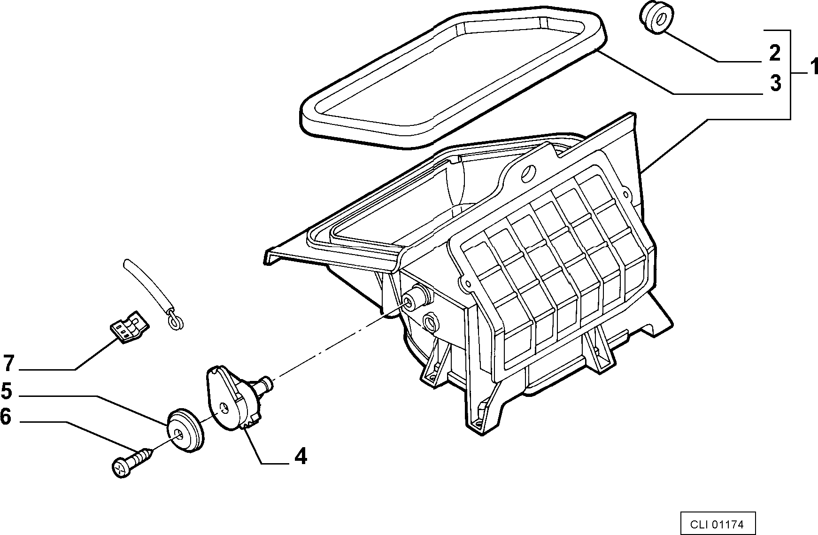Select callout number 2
(x=774, y=53)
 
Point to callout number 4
(x=301, y=456)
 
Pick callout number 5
(x=6, y=391)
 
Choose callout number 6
(x=6, y=416)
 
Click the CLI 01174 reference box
(x=718, y=523)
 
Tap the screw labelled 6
(x=134, y=462)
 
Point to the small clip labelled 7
(x=130, y=326)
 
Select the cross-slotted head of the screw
(x=121, y=468)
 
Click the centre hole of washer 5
(x=178, y=434)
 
